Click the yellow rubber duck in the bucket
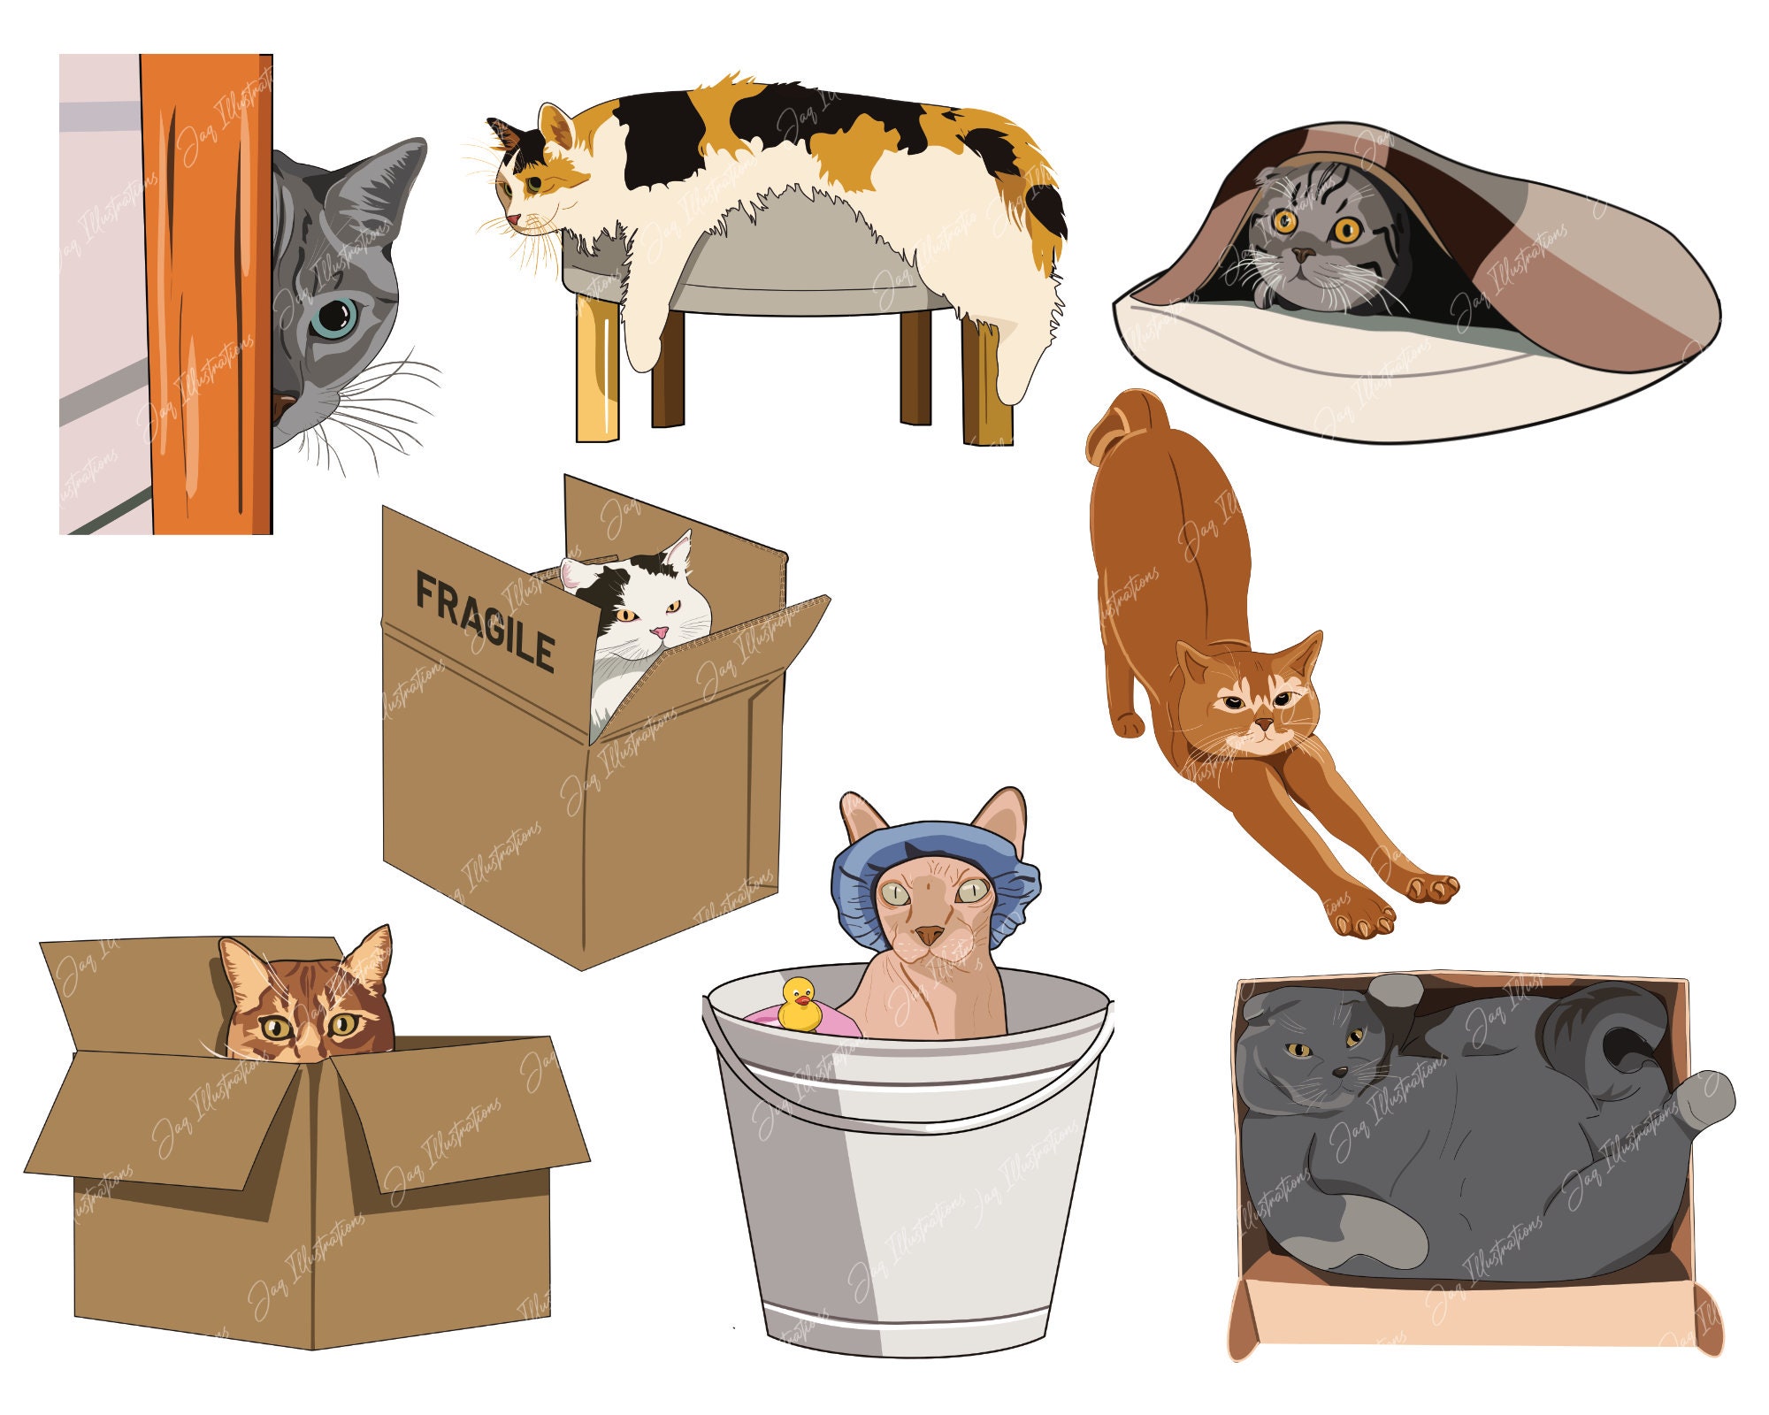click(x=800, y=1005)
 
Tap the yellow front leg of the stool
click(x=597, y=371)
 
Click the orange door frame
click(x=208, y=292)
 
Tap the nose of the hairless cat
click(x=929, y=934)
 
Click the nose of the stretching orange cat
click(x=1265, y=725)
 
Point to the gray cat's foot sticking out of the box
click(x=1703, y=1101)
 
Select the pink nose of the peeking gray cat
click(x=281, y=408)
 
